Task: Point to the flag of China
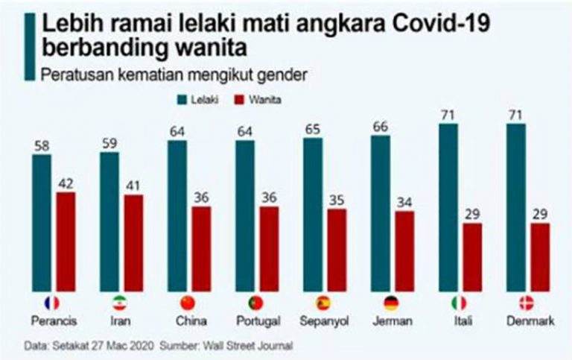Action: pyautogui.click(x=188, y=303)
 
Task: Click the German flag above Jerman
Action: pyautogui.click(x=391, y=303)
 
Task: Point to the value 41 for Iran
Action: pyautogui.click(x=133, y=185)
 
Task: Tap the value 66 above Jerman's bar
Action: pyautogui.click(x=380, y=126)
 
